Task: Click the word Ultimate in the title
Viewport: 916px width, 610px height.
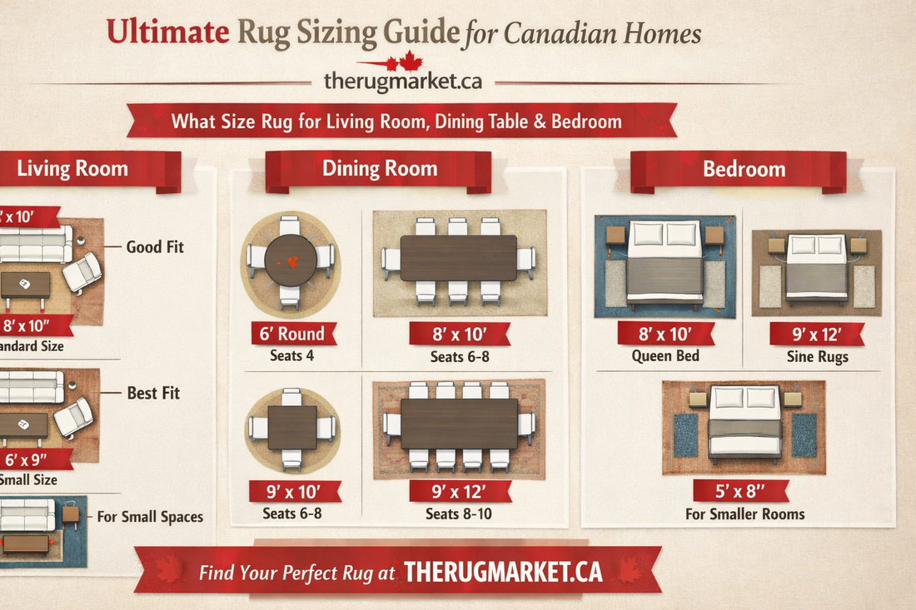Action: click(167, 32)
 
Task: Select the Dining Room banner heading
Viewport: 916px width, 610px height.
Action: click(380, 169)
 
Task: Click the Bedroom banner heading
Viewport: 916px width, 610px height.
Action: click(744, 169)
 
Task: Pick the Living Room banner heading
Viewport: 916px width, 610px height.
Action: click(72, 169)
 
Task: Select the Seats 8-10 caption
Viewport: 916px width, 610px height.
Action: click(458, 513)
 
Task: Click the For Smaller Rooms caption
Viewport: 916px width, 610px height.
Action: click(744, 513)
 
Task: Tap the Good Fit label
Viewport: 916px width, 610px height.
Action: click(155, 246)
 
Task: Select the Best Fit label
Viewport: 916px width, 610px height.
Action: click(153, 392)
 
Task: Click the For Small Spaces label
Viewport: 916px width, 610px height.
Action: click(150, 516)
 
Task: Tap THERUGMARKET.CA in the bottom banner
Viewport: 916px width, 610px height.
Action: click(503, 572)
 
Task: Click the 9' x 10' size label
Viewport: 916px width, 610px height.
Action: click(294, 491)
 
